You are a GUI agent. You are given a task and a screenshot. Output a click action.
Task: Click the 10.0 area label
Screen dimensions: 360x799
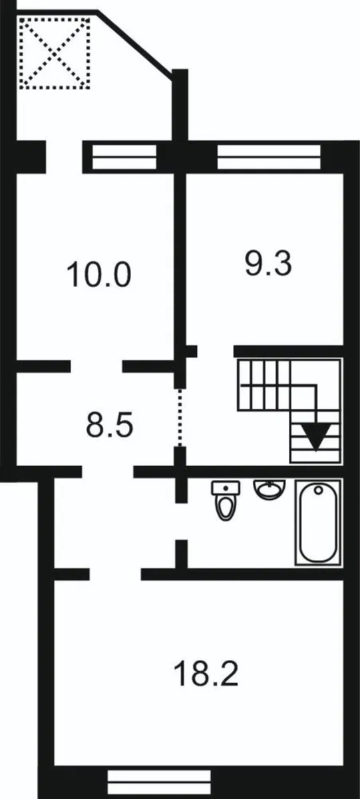(98, 274)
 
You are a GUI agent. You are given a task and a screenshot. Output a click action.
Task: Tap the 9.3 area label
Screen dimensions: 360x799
(268, 263)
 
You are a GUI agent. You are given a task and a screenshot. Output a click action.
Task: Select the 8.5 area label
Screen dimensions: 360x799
(110, 425)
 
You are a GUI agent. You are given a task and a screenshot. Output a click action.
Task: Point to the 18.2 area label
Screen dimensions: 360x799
(206, 673)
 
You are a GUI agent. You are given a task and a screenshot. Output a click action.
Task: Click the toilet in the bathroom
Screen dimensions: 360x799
(226, 500)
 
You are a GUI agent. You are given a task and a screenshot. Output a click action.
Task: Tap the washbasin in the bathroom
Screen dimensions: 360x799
(270, 489)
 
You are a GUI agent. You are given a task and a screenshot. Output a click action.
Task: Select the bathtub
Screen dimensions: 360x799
(318, 523)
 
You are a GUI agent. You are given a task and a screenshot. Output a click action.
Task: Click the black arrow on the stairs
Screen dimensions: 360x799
(317, 436)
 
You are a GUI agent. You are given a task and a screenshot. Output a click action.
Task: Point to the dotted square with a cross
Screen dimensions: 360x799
(55, 53)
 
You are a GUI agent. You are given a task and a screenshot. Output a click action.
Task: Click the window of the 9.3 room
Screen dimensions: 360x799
(269, 156)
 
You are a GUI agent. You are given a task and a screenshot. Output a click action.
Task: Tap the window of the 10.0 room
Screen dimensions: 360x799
(124, 156)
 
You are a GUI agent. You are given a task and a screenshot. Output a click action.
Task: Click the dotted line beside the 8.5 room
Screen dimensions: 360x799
(180, 417)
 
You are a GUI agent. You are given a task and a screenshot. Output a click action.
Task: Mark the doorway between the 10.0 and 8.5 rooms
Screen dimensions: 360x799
(96, 366)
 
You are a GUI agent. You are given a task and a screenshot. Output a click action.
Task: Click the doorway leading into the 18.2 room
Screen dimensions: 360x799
(115, 574)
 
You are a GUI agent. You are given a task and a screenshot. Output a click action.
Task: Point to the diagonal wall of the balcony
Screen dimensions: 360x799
(134, 43)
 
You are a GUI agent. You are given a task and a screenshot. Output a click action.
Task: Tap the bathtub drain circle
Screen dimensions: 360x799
(318, 491)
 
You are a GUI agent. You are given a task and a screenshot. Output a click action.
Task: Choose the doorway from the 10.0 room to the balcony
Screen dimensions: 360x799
(64, 157)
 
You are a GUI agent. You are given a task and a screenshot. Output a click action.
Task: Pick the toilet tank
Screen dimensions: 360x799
(226, 487)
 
